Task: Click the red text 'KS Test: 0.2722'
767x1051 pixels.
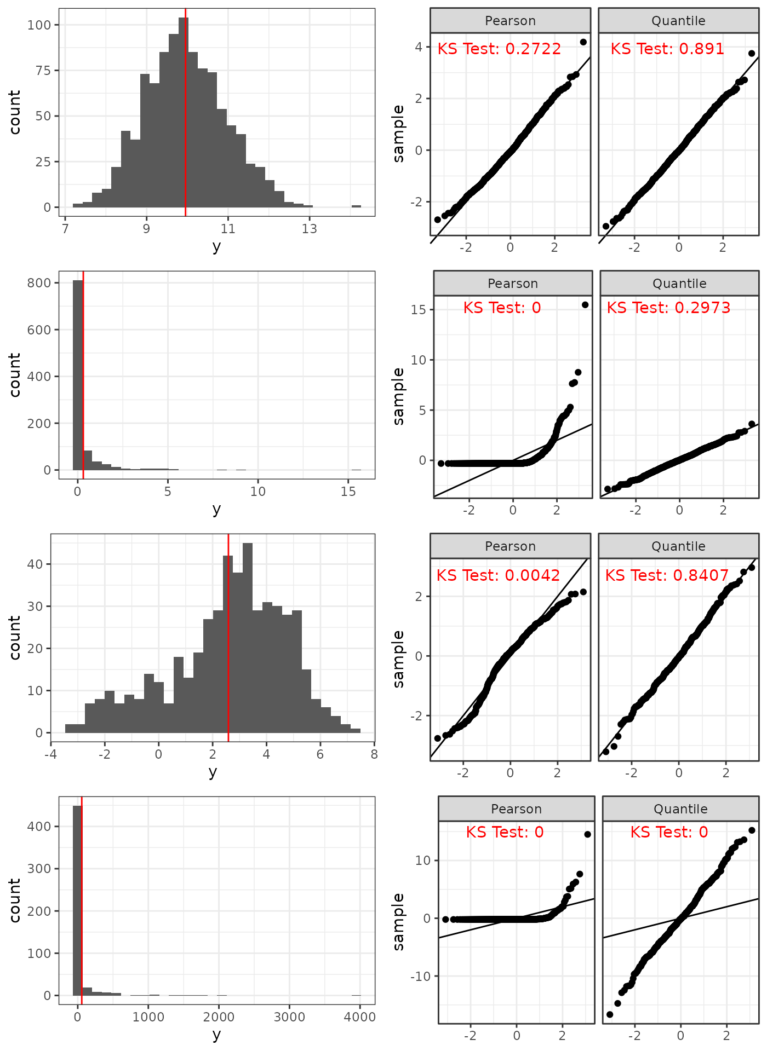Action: tap(499, 49)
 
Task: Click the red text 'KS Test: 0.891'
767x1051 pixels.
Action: tap(667, 49)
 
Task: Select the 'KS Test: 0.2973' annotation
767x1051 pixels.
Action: tap(668, 308)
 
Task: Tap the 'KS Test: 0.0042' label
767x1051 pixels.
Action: tap(498, 575)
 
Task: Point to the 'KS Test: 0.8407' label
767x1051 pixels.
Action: tap(667, 575)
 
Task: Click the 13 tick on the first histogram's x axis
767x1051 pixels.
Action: tap(310, 229)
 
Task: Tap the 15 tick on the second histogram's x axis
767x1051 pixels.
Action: tap(348, 492)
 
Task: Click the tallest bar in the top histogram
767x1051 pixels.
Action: tap(184, 112)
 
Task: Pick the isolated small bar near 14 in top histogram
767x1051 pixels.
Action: tap(356, 206)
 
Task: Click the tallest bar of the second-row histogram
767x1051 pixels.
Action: tap(78, 375)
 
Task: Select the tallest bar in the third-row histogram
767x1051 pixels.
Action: tap(248, 638)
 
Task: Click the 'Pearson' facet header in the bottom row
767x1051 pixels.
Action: tap(516, 809)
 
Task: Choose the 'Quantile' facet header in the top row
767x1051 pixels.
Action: tap(678, 21)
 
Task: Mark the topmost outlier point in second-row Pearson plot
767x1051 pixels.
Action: tap(585, 305)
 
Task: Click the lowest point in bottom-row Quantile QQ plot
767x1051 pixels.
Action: tap(610, 1014)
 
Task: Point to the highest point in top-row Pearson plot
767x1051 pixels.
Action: tap(583, 42)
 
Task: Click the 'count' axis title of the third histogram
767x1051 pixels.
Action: tap(15, 638)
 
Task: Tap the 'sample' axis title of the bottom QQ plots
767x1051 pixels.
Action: tap(398, 922)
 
